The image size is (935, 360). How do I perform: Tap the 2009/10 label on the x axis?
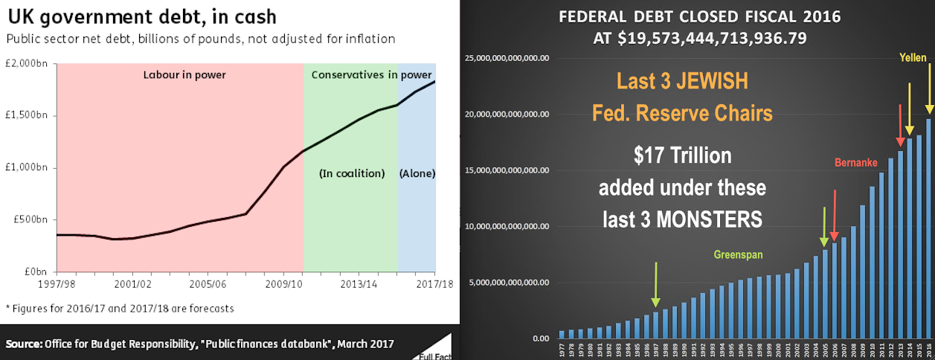pyautogui.click(x=283, y=283)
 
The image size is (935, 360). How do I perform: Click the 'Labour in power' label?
pyautogui.click(x=184, y=74)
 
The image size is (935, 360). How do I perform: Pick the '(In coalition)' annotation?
pyautogui.click(x=352, y=173)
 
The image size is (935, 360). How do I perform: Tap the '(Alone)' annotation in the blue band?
pyautogui.click(x=417, y=173)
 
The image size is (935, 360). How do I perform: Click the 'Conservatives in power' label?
pyautogui.click(x=371, y=74)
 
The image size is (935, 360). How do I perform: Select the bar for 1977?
pyautogui.click(x=562, y=335)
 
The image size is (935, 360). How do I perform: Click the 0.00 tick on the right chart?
pyautogui.click(x=538, y=338)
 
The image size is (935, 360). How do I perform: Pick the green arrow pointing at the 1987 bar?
pyautogui.click(x=655, y=284)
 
